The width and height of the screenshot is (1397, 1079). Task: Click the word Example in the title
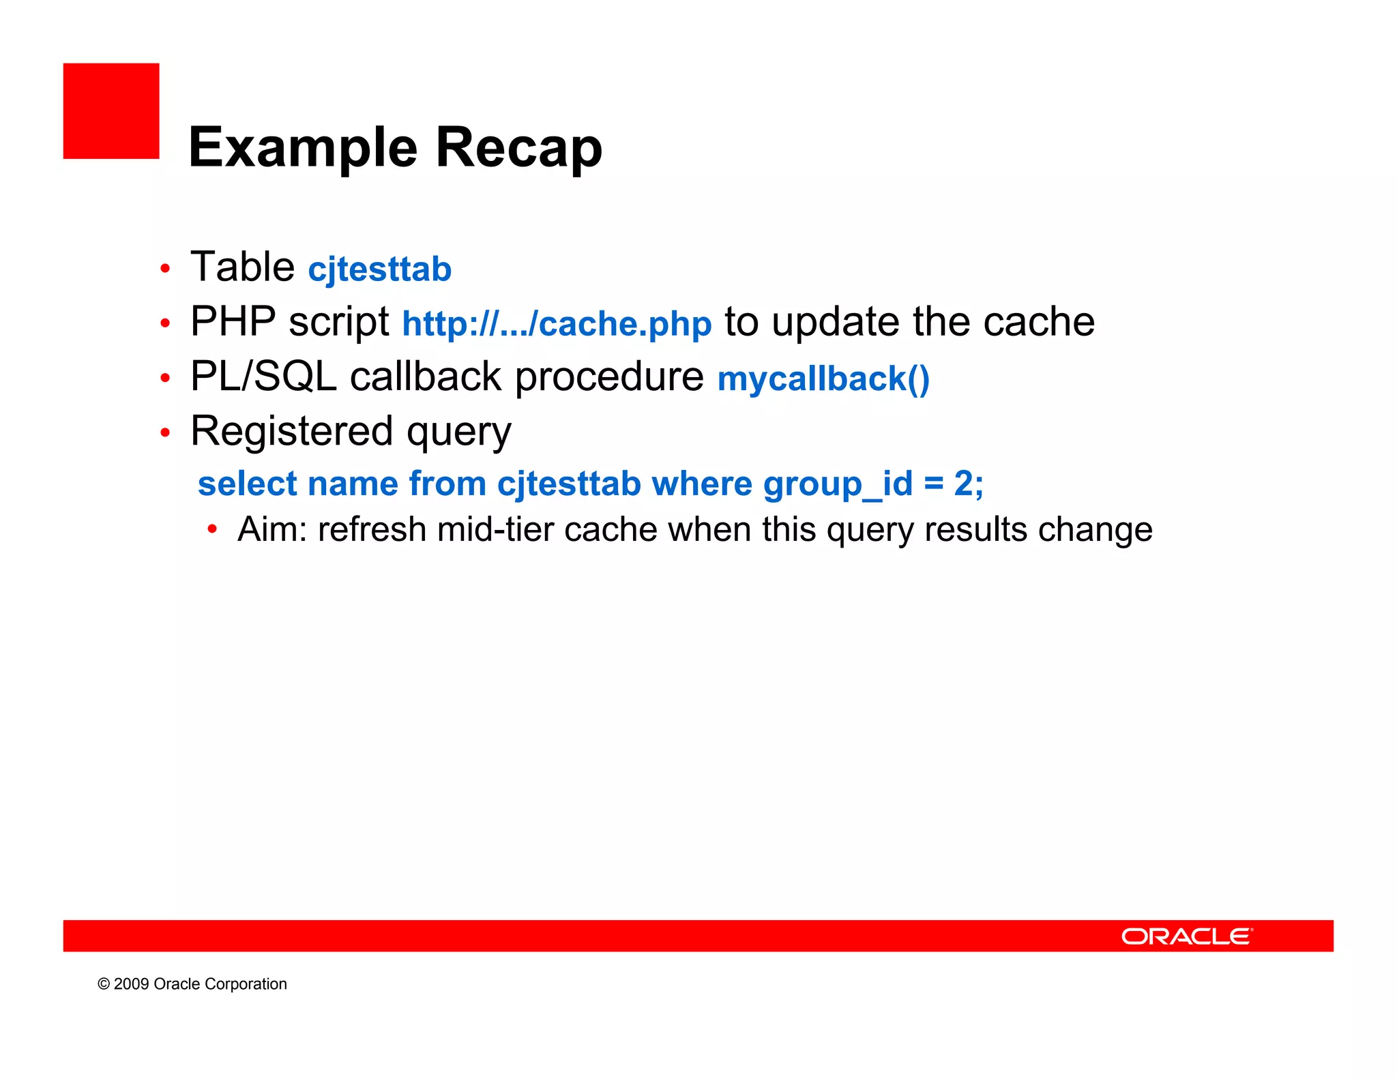pyautogui.click(x=303, y=148)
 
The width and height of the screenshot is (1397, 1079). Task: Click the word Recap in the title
pyautogui.click(x=518, y=148)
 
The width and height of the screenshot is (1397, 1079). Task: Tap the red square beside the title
pyautogui.click(x=111, y=111)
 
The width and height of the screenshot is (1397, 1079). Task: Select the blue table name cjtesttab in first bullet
pyautogui.click(x=379, y=269)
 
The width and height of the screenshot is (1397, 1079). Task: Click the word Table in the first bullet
pyautogui.click(x=242, y=267)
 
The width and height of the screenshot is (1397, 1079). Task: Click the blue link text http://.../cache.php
pyautogui.click(x=557, y=323)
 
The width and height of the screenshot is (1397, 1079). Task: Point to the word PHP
pyautogui.click(x=233, y=321)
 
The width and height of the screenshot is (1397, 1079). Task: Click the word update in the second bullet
pyautogui.click(x=836, y=322)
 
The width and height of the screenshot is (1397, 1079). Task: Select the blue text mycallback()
pyautogui.click(x=823, y=379)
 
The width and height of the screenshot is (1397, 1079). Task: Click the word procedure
pyautogui.click(x=608, y=376)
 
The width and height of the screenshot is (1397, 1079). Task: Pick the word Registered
pyautogui.click(x=292, y=432)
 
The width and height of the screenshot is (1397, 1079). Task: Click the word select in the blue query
pyautogui.click(x=247, y=484)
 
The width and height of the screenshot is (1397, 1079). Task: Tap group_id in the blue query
pyautogui.click(x=837, y=485)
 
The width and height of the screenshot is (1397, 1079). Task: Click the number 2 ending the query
pyautogui.click(x=963, y=484)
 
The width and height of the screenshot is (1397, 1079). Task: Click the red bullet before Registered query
pyautogui.click(x=165, y=432)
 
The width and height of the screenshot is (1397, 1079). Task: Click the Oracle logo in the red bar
pyautogui.click(x=1187, y=936)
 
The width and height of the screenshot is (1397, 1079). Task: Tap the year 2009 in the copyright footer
pyautogui.click(x=131, y=984)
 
